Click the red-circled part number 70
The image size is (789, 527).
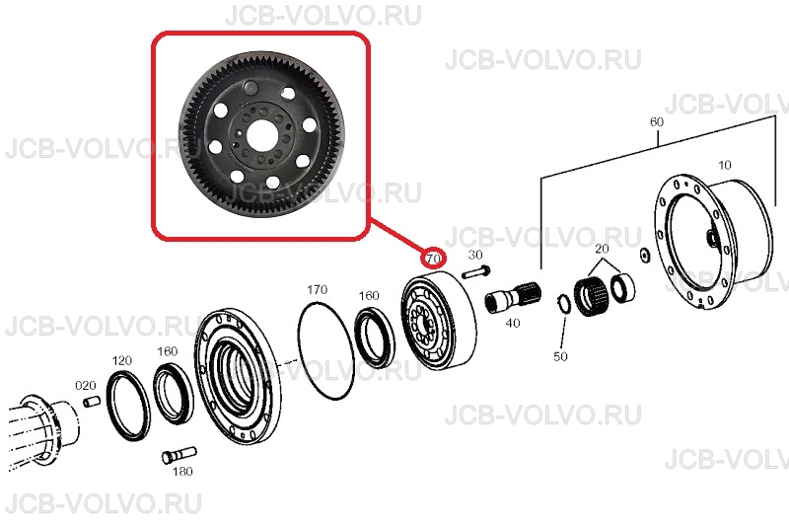coord(433,259)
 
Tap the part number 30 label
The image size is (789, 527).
coord(475,255)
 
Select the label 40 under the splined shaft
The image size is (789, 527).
coord(512,323)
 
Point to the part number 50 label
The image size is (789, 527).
coord(560,356)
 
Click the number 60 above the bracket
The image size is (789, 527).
coord(657,121)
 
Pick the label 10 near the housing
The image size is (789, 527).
coord(725,165)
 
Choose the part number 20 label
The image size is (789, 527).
coord(602,248)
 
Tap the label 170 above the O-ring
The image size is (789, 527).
coord(317,289)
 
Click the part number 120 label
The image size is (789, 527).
coord(121,360)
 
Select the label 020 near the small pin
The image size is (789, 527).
coord(86,386)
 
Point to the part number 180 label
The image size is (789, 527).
coord(182,471)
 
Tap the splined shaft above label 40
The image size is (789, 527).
coord(512,298)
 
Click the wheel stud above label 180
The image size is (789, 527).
coord(179,455)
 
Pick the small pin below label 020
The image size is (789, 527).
coord(91,403)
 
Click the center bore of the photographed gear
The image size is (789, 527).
coord(261,136)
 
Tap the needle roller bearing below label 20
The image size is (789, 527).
coord(592,297)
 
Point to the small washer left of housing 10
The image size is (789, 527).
coord(644,255)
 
